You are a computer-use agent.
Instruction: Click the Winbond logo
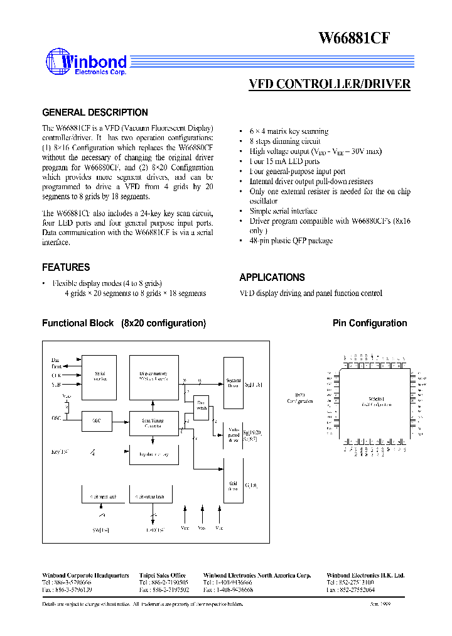[x=86, y=63]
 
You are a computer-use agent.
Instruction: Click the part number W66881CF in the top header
[x=355, y=38]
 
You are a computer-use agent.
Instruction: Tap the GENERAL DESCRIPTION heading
[x=95, y=112]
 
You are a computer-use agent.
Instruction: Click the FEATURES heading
[x=66, y=267]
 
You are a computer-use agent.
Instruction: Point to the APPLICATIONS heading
[x=272, y=277]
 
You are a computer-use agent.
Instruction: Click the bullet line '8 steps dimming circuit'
[x=284, y=141]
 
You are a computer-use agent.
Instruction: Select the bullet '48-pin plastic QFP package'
[x=291, y=241]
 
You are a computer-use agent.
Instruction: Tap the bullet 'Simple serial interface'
[x=283, y=211]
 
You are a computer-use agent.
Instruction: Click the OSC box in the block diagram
[x=97, y=421]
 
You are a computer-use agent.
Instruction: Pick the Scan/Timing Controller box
[x=154, y=422]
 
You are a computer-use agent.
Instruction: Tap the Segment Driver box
[x=234, y=383]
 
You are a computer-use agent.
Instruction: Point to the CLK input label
[x=56, y=375]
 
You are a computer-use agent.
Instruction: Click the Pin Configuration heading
[x=369, y=323]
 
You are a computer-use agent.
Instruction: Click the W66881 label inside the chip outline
[x=377, y=399]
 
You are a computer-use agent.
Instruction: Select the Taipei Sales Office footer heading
[x=162, y=575]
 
